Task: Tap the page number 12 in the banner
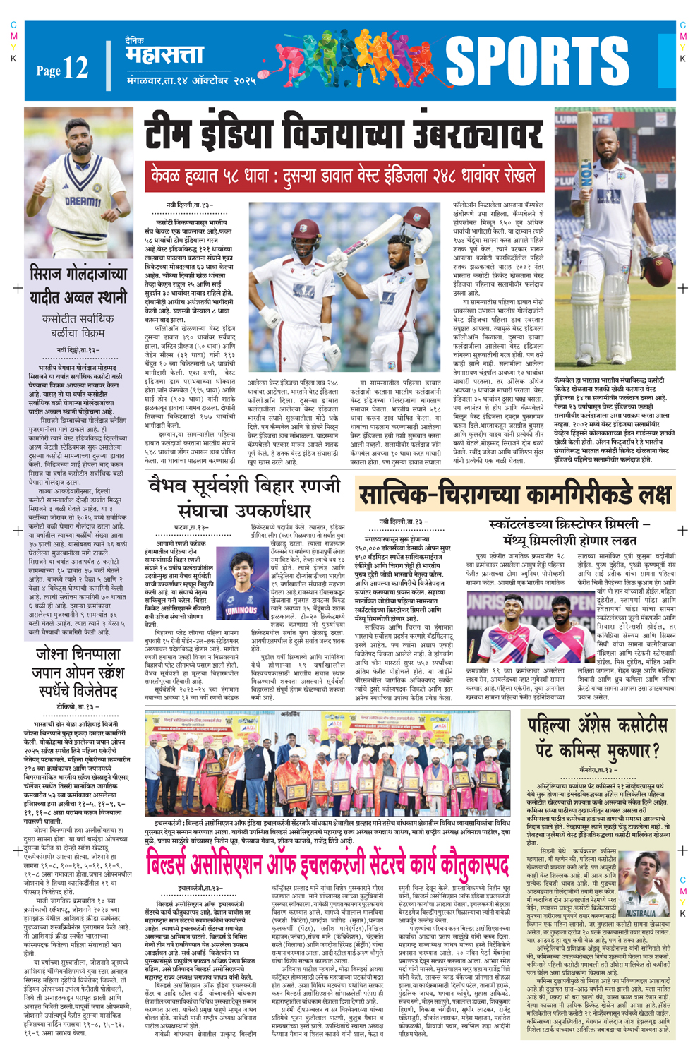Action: [74, 68]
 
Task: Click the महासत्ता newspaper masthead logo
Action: [164, 55]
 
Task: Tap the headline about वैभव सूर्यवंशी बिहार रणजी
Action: [244, 498]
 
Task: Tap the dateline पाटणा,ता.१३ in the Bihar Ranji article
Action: [192, 526]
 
